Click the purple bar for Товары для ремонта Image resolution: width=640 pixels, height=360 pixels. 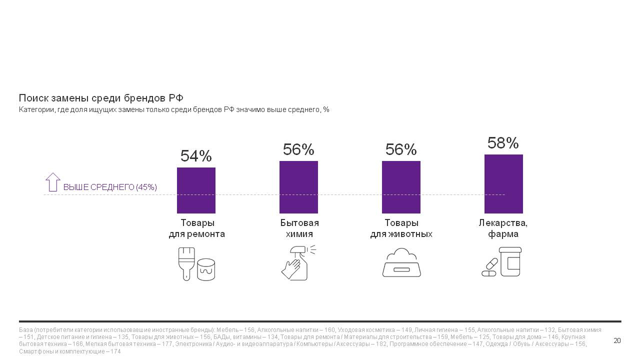click(196, 190)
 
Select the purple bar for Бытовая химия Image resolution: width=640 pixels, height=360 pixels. click(298, 187)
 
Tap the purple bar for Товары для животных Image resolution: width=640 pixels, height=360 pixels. click(401, 187)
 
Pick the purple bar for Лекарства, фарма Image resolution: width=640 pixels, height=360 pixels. click(503, 184)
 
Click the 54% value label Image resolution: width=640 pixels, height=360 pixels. click(196, 156)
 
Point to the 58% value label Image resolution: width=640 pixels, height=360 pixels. click(503, 143)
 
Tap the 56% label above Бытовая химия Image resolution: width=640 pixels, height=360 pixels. click(298, 149)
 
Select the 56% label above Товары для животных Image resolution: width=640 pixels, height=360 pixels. click(401, 149)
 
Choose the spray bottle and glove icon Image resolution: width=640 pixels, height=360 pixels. click(297, 262)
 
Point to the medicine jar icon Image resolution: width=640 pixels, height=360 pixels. click(510, 261)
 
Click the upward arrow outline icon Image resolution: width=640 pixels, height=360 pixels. click(52, 182)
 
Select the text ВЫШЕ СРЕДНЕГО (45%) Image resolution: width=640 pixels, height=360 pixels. click(110, 187)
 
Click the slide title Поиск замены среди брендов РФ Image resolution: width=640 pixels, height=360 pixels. click(101, 98)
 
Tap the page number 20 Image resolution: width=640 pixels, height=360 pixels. click(617, 341)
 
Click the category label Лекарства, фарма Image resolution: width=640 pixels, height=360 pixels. click(503, 228)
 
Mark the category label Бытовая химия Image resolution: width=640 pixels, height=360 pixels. click(299, 228)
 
